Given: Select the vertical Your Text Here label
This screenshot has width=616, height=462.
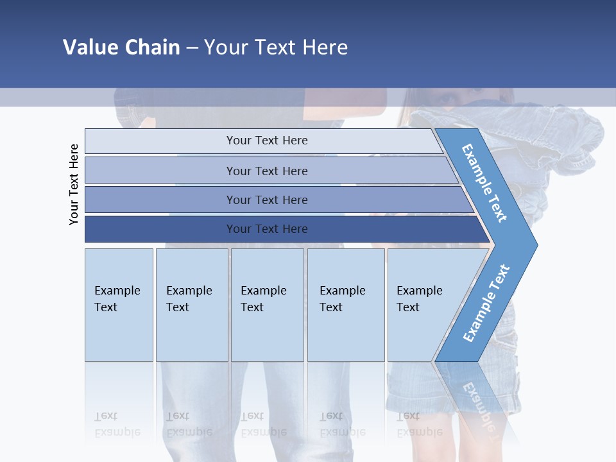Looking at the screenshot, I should click(74, 184).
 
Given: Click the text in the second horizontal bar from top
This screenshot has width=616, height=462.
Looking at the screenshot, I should click(267, 171).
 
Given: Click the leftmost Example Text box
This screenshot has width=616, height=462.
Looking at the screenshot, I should click(119, 305).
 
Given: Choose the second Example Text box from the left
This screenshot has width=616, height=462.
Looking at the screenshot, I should click(192, 305).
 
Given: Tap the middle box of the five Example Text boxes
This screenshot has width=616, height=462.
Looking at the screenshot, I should click(267, 305).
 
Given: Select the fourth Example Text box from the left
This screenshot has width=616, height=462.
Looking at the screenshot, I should click(346, 305).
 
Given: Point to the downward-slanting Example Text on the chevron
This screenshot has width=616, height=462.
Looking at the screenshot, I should click(484, 183).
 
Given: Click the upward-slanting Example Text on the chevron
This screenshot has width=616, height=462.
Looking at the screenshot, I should click(486, 303).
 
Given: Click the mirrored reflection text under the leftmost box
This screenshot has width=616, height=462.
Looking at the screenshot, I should click(117, 424).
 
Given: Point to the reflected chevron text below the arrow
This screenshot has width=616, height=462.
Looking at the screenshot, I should click(478, 404).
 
